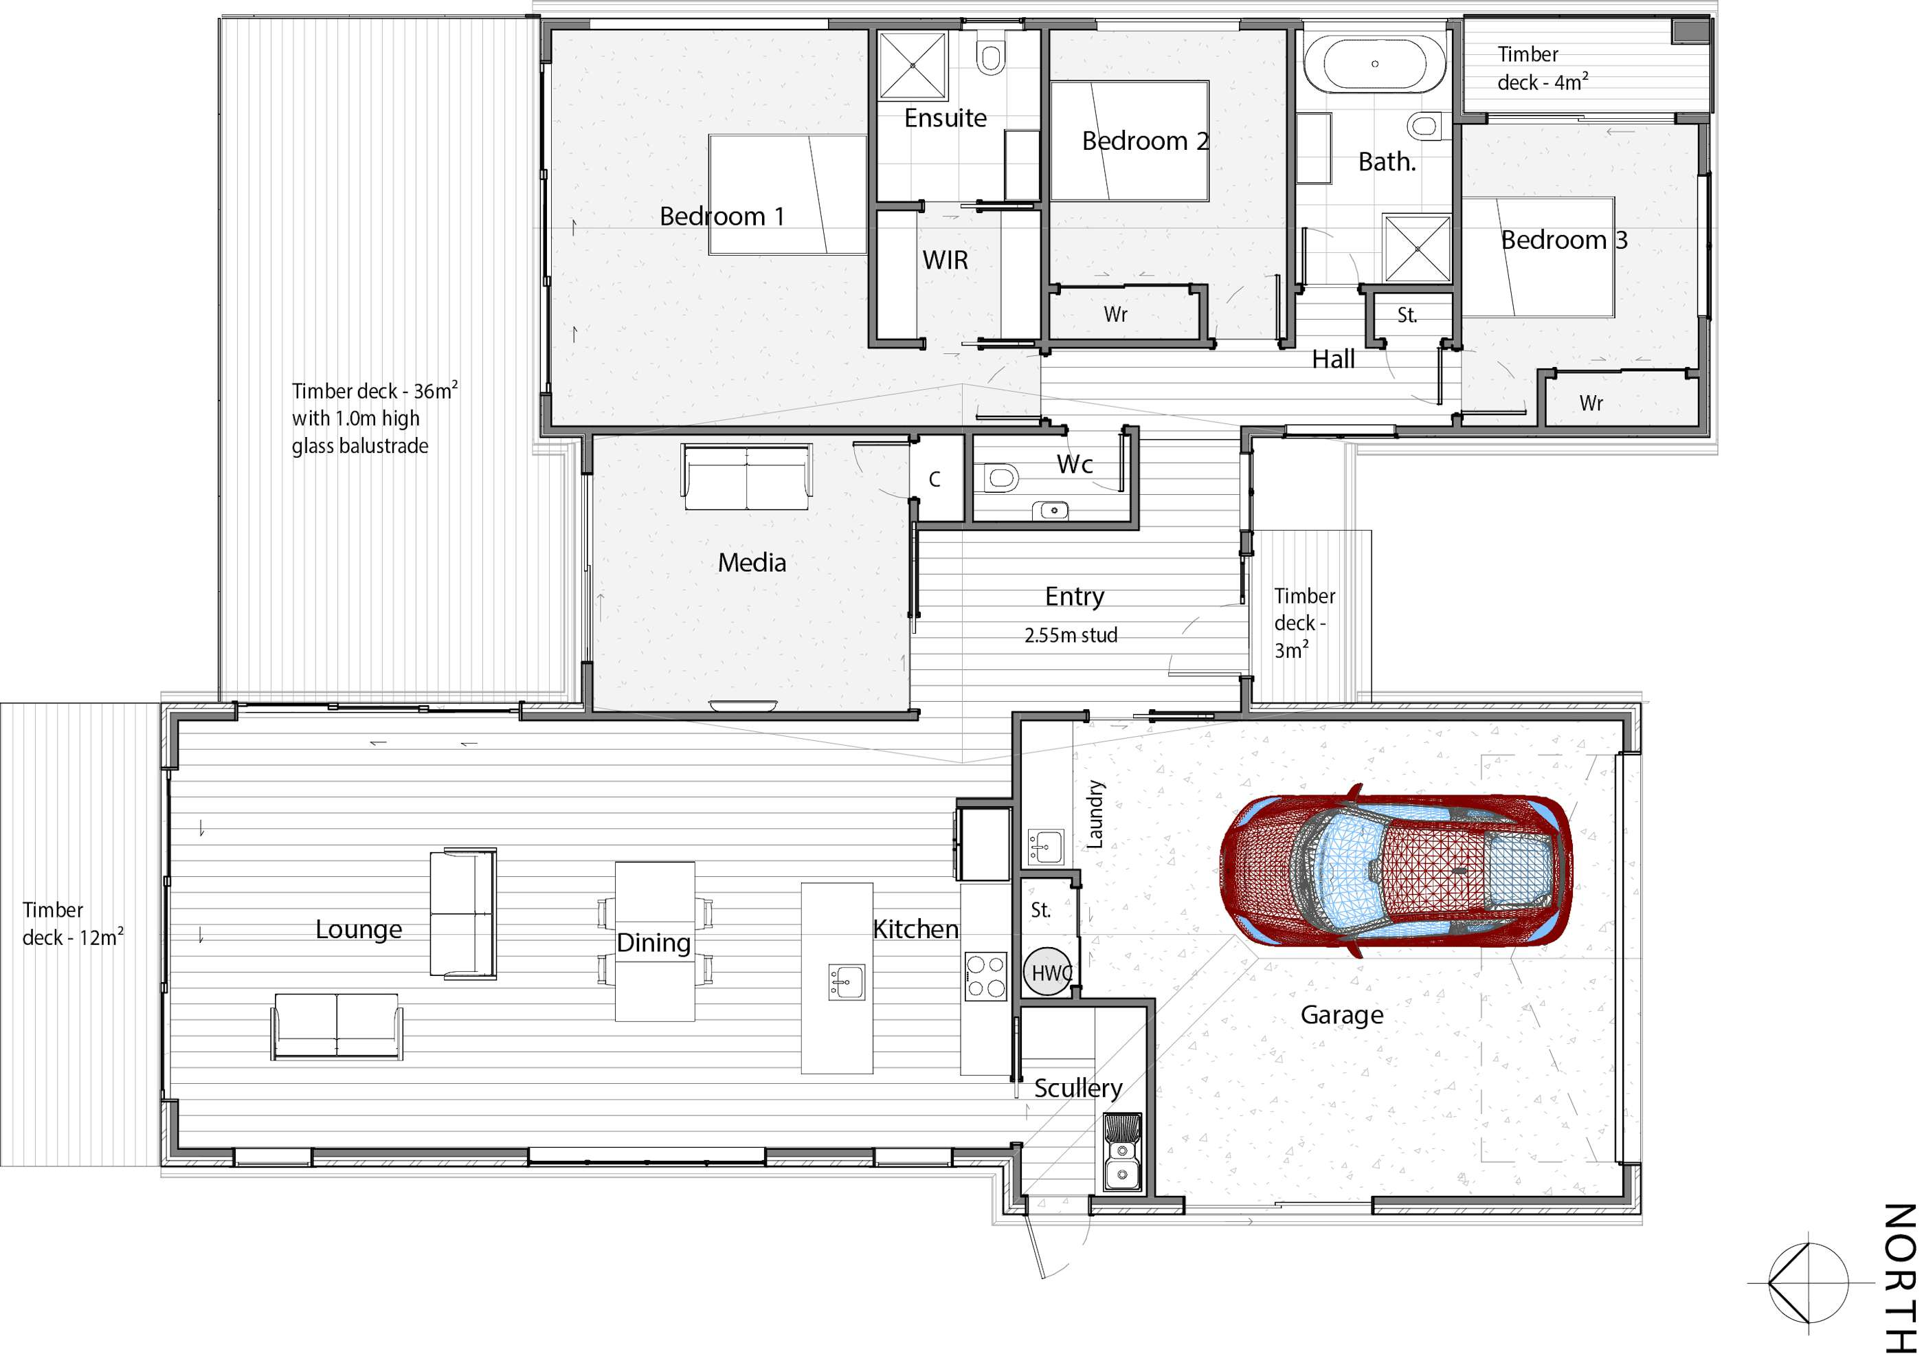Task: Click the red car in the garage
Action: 1395,871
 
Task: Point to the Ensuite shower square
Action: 913,65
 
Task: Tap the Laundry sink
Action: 1045,847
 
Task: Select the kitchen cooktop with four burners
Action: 985,977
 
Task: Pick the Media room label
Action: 752,562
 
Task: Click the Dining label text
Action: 653,943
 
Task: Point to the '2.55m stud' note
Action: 1071,635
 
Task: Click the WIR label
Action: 946,260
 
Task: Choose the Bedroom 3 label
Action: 1564,241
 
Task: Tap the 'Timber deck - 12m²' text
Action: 73,924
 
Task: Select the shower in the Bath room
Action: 1417,248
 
